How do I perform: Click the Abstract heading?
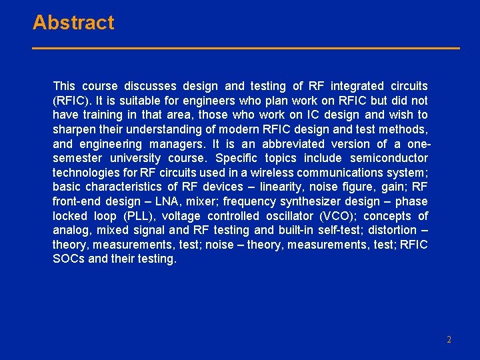(73, 23)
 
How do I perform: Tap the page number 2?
(449, 339)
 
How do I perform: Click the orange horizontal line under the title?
(246, 48)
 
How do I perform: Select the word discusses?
(151, 86)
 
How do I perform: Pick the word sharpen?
(73, 129)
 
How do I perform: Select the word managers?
(177, 144)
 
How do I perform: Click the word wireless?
(272, 173)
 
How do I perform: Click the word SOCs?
(69, 259)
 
